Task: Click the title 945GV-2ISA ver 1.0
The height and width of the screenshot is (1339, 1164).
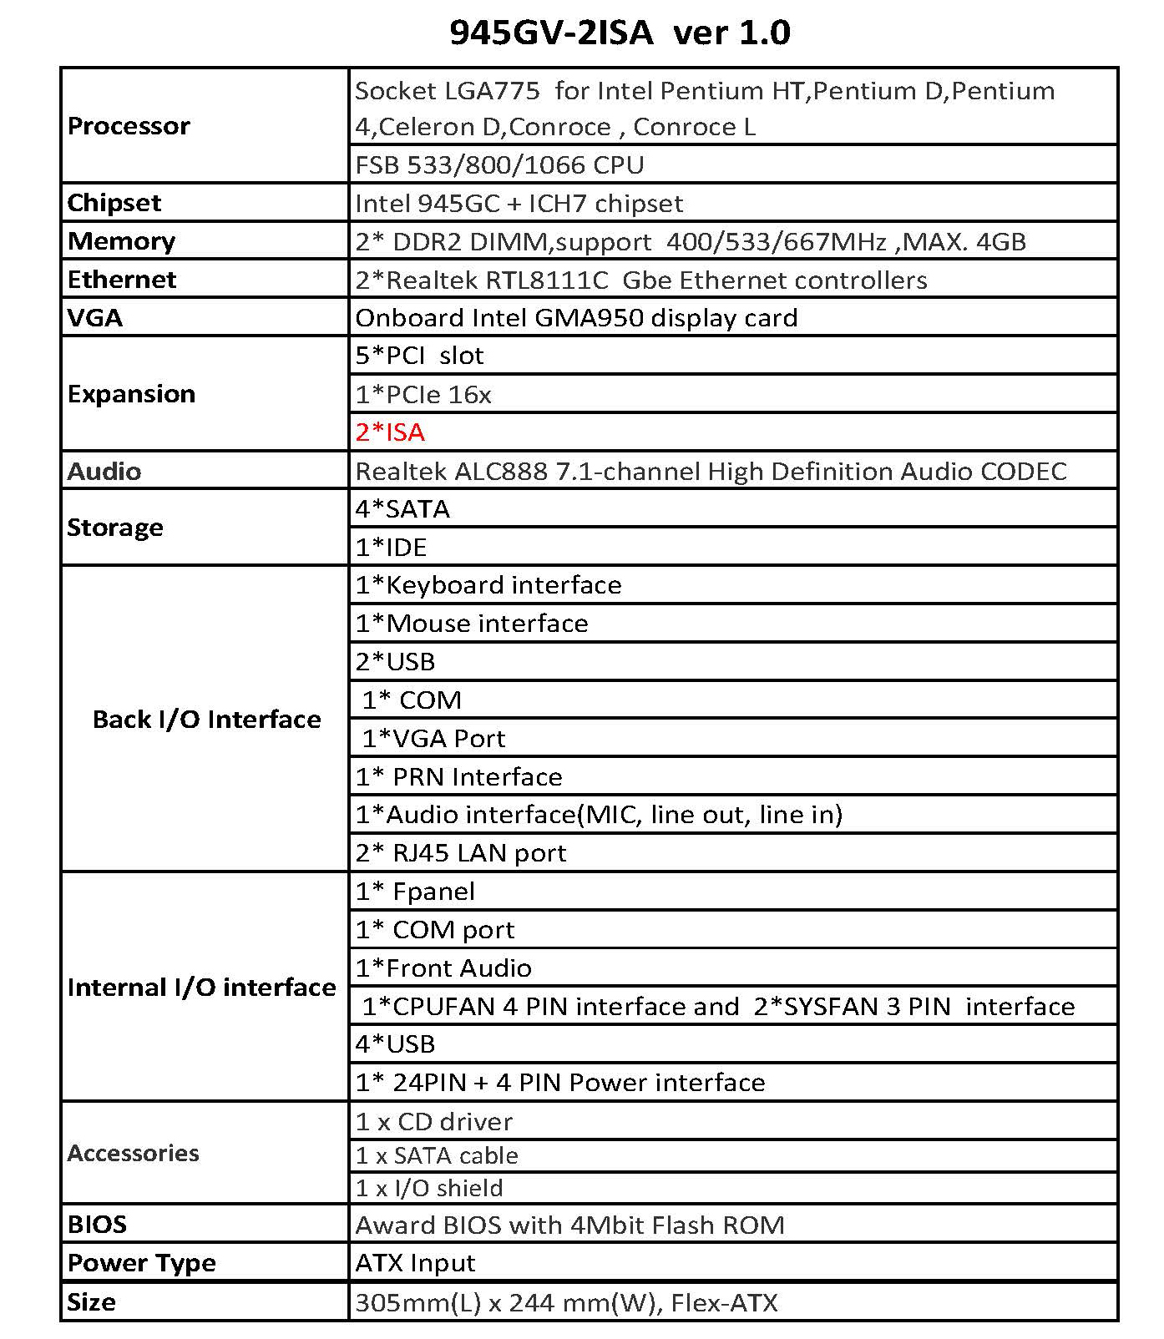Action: point(620,33)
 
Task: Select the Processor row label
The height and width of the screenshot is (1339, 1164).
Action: point(129,126)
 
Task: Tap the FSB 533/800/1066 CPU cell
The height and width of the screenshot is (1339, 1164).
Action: point(499,164)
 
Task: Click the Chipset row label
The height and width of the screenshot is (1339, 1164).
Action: point(114,203)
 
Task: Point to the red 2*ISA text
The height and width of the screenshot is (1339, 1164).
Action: point(390,432)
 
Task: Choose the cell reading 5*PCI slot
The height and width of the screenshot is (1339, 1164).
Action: point(419,356)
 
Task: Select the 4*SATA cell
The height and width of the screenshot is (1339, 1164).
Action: point(402,509)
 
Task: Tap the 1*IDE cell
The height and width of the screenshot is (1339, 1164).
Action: point(391,548)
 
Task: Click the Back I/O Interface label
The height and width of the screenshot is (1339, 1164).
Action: point(206,720)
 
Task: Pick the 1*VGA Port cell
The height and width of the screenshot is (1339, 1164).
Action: point(433,739)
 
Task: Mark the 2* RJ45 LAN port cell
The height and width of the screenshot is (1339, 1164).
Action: point(461,853)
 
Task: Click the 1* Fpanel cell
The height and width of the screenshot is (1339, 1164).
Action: point(415,892)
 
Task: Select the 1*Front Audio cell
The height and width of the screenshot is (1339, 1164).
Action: point(443,968)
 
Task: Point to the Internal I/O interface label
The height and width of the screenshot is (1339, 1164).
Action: point(201,988)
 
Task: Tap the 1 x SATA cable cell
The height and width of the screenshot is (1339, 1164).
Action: point(437,1156)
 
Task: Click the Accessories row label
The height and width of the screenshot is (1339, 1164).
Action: point(133,1154)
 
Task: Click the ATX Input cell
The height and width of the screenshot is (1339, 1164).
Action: point(415,1263)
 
